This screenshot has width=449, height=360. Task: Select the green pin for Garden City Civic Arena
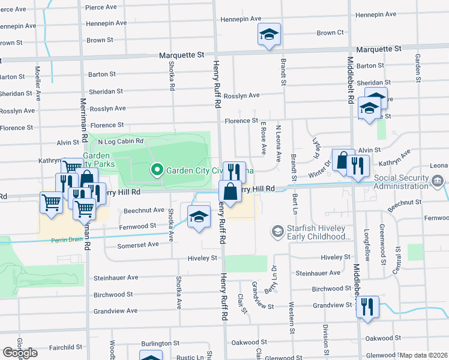click(x=157, y=170)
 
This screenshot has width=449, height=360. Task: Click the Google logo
click(x=20, y=353)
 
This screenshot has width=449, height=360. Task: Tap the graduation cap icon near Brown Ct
click(x=269, y=35)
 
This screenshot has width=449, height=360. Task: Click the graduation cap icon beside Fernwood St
click(x=199, y=217)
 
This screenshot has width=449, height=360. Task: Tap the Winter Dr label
click(x=324, y=165)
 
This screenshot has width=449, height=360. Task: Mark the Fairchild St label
click(x=65, y=347)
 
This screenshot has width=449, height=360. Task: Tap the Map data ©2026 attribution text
click(x=424, y=355)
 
